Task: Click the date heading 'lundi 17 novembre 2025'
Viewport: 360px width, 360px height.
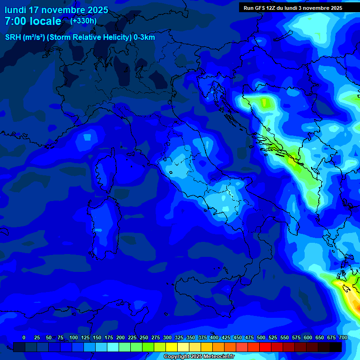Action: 56,10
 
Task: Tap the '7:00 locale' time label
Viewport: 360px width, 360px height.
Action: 33,21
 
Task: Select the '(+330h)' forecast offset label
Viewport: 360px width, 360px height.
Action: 83,21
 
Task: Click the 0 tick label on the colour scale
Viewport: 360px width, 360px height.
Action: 24,337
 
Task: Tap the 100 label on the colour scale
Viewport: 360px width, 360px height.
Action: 74,337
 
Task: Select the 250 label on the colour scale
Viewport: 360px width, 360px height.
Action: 144,337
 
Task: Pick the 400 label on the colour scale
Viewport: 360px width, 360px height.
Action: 214,337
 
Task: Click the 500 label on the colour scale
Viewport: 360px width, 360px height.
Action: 261,337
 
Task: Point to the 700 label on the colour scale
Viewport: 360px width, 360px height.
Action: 343,337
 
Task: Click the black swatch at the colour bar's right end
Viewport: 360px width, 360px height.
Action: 336,347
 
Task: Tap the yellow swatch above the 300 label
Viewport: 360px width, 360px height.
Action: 172,347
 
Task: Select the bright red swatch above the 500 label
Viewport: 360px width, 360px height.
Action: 265,347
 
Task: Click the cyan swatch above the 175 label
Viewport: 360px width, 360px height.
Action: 113,347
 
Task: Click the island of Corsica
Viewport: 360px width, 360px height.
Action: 104,171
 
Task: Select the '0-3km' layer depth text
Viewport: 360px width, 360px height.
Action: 144,37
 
